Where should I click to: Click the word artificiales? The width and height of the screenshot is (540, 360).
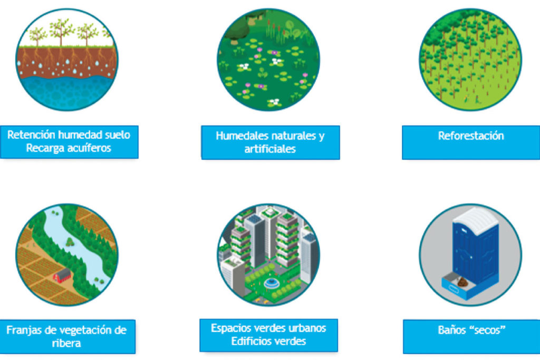[x=270, y=149]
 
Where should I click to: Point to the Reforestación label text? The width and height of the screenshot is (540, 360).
[x=471, y=136]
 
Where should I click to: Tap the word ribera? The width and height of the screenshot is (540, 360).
[x=66, y=343]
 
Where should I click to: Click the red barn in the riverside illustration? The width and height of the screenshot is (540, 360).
[x=62, y=275]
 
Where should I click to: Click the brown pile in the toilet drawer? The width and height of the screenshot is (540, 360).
[x=462, y=282]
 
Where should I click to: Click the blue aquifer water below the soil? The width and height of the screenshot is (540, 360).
[x=67, y=92]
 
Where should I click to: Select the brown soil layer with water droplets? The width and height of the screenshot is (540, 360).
[x=66, y=62]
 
